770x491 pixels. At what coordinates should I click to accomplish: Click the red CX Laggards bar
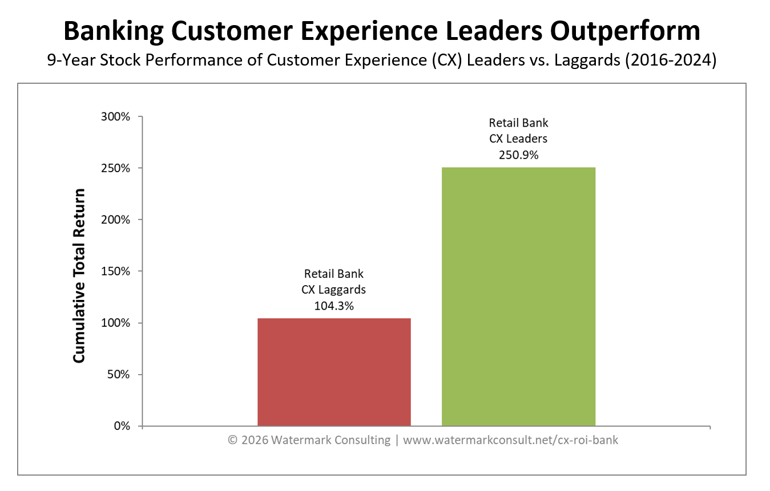(x=334, y=372)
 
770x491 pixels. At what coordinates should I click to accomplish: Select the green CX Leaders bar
(x=518, y=297)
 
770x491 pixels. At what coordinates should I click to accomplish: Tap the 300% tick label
(x=116, y=117)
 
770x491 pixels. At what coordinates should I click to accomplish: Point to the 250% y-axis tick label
(x=116, y=168)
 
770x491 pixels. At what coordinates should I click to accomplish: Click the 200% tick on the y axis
(x=116, y=220)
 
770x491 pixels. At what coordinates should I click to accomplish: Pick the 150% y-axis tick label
(x=116, y=271)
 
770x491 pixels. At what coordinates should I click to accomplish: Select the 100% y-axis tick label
(x=116, y=323)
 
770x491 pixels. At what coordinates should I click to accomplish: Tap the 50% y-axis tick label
(x=119, y=375)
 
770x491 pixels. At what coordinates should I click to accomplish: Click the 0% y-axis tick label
(x=122, y=426)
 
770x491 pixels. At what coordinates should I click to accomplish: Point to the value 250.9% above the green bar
(x=518, y=155)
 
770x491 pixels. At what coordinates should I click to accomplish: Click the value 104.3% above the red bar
(x=334, y=306)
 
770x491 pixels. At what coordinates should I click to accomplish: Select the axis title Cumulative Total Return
(x=79, y=275)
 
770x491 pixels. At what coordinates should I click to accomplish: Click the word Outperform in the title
(x=625, y=31)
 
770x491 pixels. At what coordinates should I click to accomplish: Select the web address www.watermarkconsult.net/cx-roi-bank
(x=510, y=440)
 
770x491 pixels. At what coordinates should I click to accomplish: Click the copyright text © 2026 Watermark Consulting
(x=309, y=440)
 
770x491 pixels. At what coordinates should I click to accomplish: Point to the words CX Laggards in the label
(x=334, y=290)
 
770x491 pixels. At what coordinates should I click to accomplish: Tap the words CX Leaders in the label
(x=518, y=139)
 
